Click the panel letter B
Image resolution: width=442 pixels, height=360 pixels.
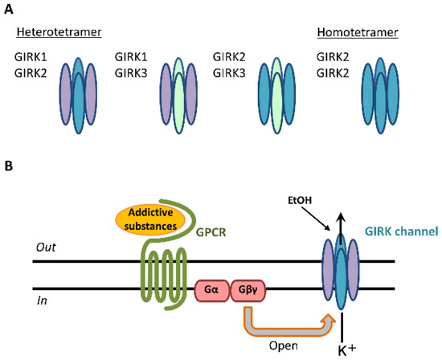pyautogui.click(x=10, y=168)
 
